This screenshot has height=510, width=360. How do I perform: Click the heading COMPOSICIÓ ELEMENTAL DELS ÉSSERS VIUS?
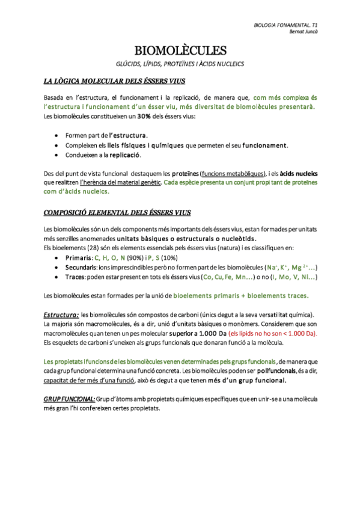click(x=117, y=212)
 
